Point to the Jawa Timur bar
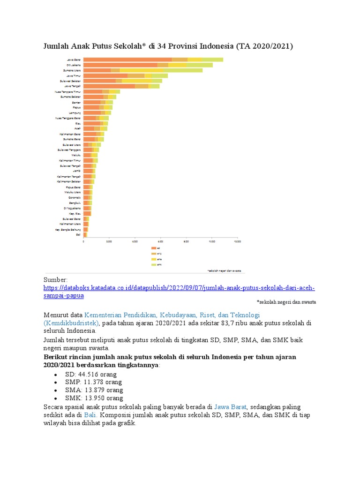click(x=125, y=75)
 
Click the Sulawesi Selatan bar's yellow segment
click(x=136, y=81)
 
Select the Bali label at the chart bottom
click(x=78, y=234)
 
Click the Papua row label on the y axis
click(x=76, y=107)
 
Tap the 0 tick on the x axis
click(x=83, y=241)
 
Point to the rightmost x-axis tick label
click(x=237, y=241)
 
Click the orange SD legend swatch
click(x=153, y=247)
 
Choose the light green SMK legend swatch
click(x=153, y=265)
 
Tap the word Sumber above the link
click(x=56, y=280)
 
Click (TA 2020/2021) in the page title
click(x=265, y=46)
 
